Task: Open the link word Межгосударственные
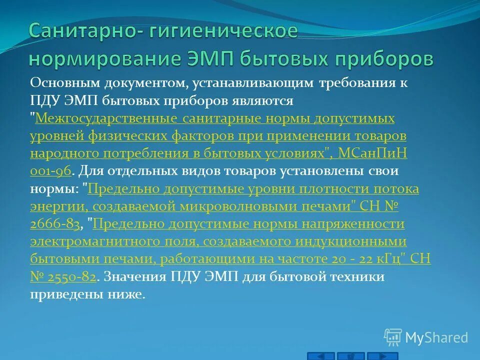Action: tap(105, 118)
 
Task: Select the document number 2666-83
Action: tap(54, 225)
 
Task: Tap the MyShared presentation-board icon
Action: tap(393, 337)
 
